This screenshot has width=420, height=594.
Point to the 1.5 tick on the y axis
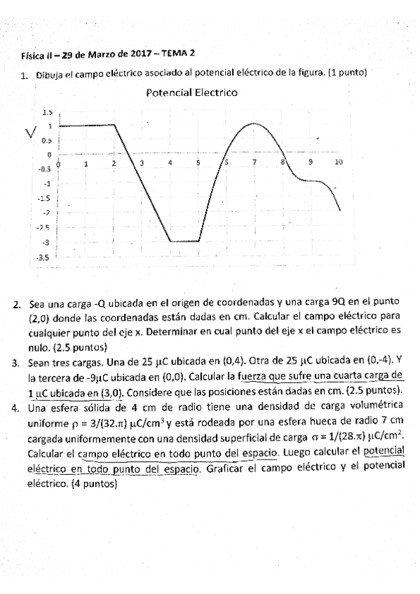pos(48,112)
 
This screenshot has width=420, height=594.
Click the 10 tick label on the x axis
pos(338,163)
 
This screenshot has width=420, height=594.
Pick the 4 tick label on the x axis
pos(170,163)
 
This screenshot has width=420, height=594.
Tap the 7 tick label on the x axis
pos(255,163)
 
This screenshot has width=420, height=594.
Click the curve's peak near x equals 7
pos(253,124)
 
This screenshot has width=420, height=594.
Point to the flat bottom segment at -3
pos(184,242)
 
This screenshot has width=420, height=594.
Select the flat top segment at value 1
pos(86,126)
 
